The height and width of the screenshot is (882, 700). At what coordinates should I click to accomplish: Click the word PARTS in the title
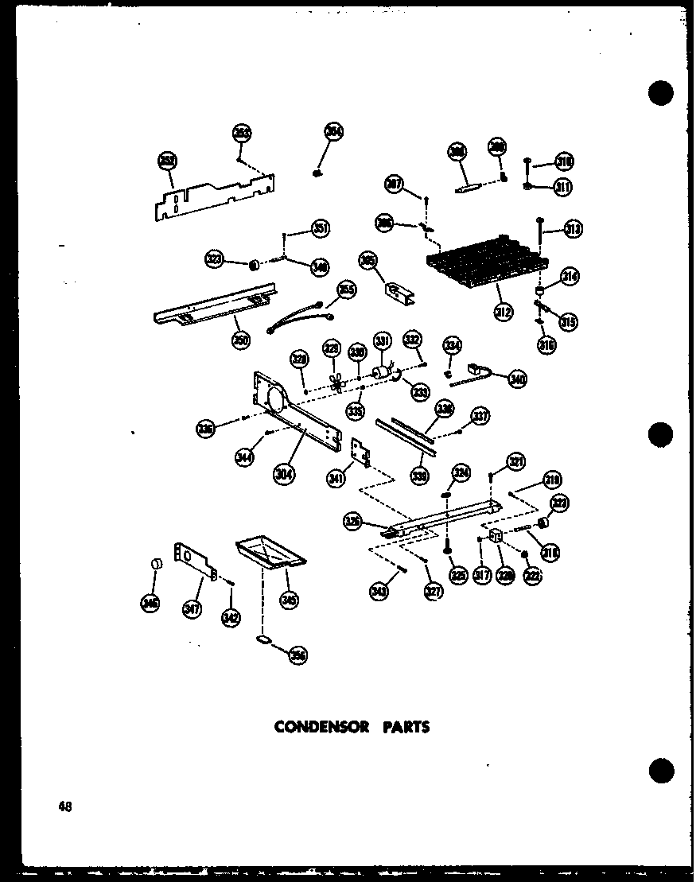coord(404,727)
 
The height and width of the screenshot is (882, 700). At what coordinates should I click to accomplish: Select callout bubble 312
coord(504,313)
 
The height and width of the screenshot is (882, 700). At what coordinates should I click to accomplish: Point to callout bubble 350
coord(240,340)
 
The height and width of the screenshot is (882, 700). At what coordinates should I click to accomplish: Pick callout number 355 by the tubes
coord(345,289)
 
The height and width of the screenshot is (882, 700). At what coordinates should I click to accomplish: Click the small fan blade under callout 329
coord(337,385)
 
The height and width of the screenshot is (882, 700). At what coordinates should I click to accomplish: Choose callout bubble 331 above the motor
coord(383,343)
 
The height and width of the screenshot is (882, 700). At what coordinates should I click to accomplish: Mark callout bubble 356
coord(298,655)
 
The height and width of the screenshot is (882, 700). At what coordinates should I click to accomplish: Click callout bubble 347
coord(192,609)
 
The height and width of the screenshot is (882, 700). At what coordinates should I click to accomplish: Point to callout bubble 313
coord(573,229)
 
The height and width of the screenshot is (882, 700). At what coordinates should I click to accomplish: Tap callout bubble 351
coord(321,229)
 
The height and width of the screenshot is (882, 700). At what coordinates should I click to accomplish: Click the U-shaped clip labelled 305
coord(395,290)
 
